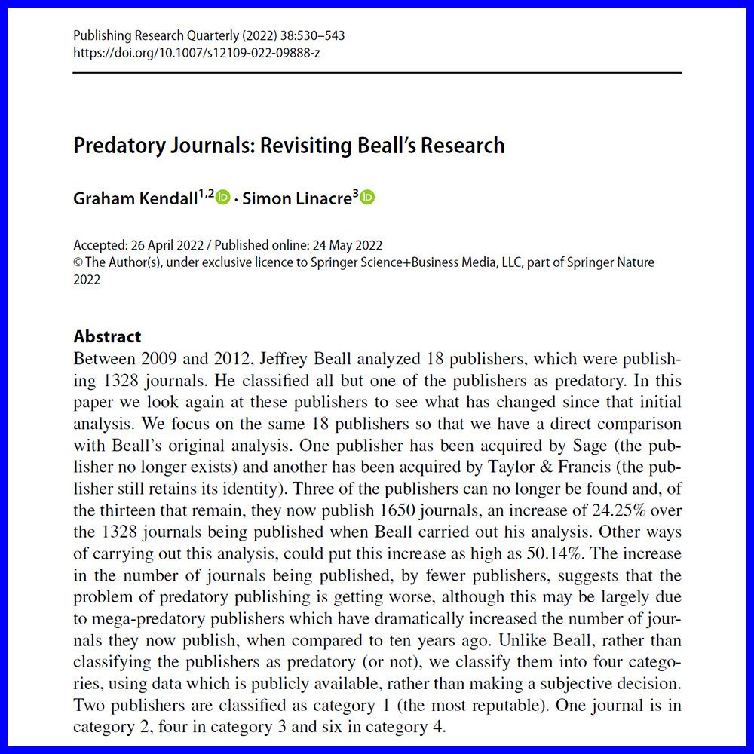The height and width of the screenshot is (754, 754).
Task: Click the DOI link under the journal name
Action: pos(197,53)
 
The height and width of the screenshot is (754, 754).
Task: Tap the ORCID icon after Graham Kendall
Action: pos(223,198)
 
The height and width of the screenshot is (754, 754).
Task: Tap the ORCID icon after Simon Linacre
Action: pos(367,198)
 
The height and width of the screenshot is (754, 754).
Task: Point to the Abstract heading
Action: pos(107,336)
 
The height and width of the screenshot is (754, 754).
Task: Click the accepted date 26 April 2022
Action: pos(161,245)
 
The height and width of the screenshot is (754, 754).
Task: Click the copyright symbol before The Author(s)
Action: pos(78,262)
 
